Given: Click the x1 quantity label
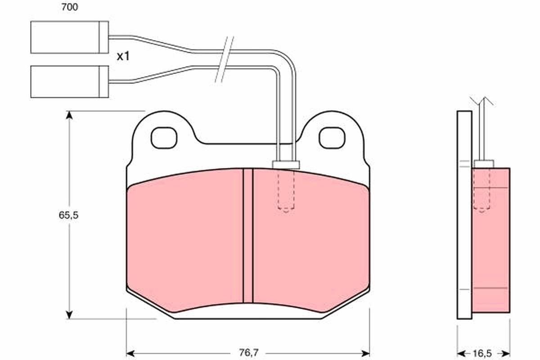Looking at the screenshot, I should point(123,57).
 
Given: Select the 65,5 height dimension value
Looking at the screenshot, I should point(68,215).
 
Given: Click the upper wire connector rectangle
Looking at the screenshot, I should point(69,37).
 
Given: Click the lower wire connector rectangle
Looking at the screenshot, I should point(69,81).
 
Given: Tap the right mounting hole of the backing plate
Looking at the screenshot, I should point(332,138).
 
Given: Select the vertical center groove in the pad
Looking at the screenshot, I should point(248,234).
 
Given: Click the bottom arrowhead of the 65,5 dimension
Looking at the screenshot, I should point(69,314).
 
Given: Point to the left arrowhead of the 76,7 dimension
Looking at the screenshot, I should point(130,352).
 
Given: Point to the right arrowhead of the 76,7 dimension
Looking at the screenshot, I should point(365,352).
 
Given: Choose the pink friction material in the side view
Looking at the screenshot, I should point(491,243).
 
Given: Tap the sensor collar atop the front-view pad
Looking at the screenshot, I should point(286,165).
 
